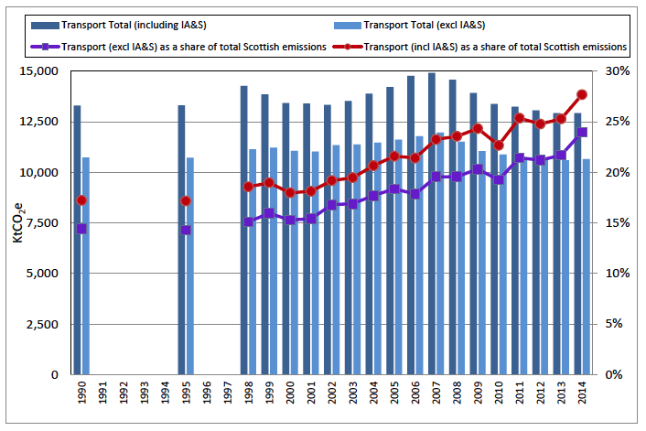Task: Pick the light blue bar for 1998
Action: (x=253, y=262)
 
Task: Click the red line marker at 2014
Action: (x=582, y=94)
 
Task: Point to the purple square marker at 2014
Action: (x=582, y=132)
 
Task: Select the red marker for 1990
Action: (x=81, y=200)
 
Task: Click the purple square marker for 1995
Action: (x=186, y=230)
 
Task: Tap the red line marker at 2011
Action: (x=520, y=117)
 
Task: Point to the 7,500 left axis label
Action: (x=40, y=223)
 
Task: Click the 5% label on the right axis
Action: (x=617, y=324)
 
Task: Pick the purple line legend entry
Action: (x=188, y=45)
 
